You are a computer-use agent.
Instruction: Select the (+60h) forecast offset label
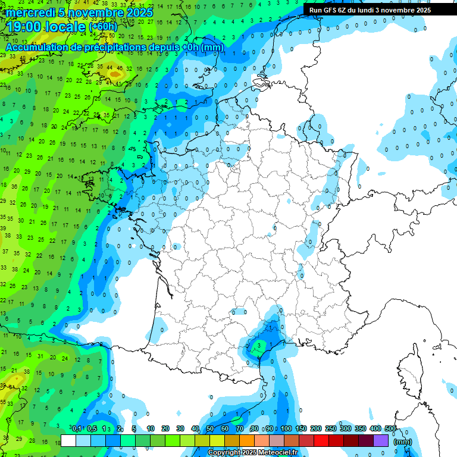103,27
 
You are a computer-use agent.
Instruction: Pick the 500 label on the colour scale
390,429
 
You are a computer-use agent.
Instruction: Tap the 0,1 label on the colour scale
77,429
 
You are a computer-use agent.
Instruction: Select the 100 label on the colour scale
286,429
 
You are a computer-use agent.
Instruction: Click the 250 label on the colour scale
331,429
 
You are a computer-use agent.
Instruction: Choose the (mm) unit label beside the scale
403,442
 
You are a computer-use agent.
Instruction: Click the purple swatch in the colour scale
381,440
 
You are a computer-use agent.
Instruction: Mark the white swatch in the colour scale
68,440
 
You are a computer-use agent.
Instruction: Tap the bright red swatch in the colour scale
321,440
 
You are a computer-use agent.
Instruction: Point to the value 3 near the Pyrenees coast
259,345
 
